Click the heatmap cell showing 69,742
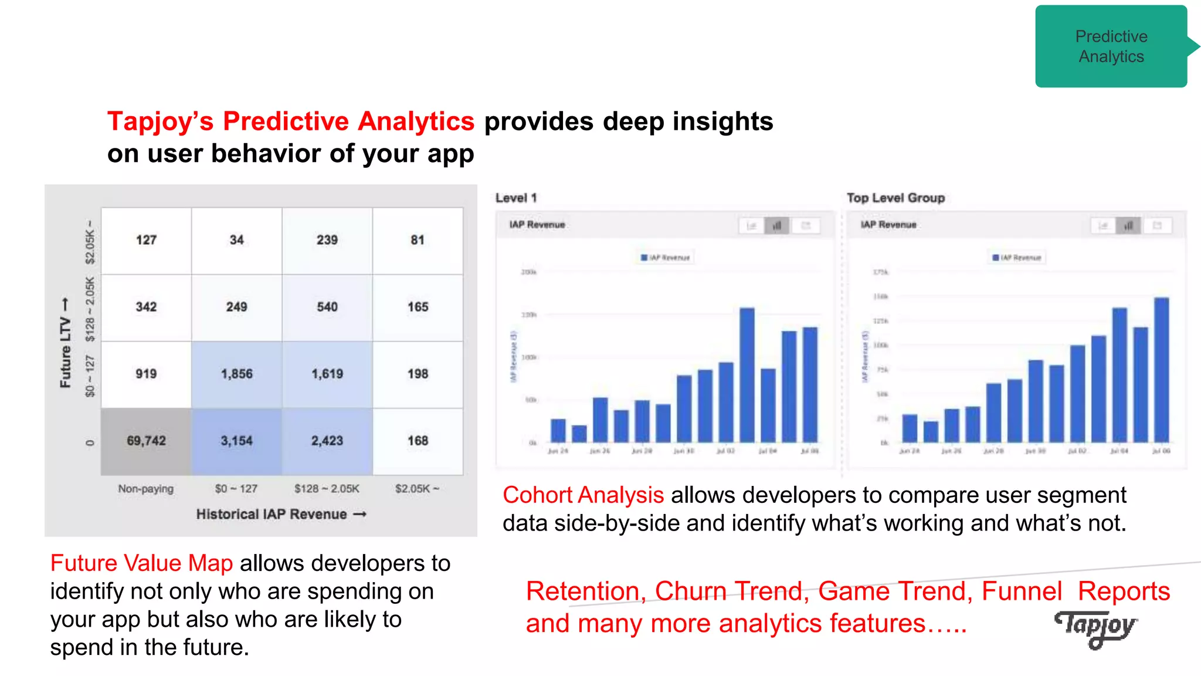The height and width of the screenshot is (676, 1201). [x=146, y=441]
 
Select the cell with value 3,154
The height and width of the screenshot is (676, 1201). [x=236, y=441]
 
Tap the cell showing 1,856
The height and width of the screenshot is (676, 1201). [x=236, y=374]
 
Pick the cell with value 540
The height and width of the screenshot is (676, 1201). [x=327, y=307]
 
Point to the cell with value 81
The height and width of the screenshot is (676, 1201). [x=417, y=240]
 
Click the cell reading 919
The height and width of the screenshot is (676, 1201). [x=146, y=374]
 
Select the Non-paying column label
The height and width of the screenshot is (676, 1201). [x=145, y=489]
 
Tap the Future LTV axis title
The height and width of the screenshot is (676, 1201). [x=65, y=343]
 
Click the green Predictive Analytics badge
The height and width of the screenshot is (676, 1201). [x=1111, y=46]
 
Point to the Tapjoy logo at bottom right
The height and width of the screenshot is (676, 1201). [x=1095, y=628]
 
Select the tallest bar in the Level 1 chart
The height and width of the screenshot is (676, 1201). [x=747, y=376]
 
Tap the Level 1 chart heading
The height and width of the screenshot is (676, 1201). [x=515, y=198]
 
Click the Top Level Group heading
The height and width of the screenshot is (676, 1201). [x=895, y=198]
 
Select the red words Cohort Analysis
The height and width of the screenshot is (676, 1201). [x=583, y=495]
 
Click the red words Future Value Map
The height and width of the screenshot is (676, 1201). [x=141, y=563]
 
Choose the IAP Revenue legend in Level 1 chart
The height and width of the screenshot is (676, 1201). [x=666, y=258]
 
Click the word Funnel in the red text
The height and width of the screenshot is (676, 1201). [x=1022, y=591]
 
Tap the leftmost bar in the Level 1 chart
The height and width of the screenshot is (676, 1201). [x=558, y=431]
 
